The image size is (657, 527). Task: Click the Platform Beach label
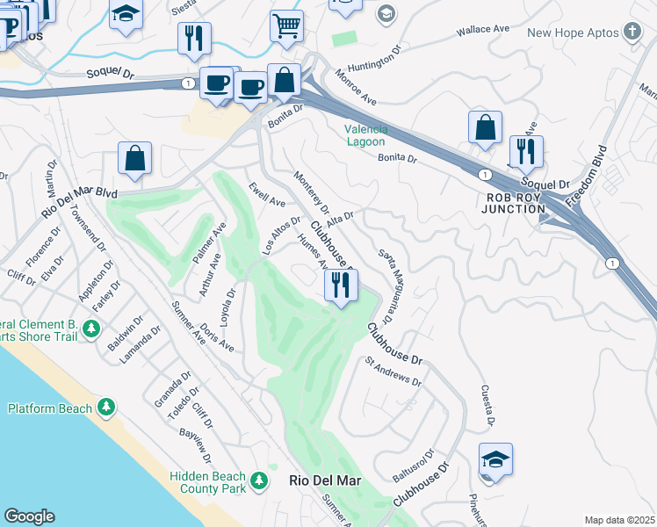tap(50, 408)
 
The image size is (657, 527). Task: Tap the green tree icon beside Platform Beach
tap(105, 408)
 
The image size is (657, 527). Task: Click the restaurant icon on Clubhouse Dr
tap(341, 285)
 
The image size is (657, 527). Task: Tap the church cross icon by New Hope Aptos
tap(632, 32)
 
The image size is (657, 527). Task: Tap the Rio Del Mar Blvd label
tap(79, 202)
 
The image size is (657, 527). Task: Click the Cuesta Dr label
tap(485, 406)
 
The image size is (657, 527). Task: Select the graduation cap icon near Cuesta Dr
tap(496, 458)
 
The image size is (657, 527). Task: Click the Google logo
tap(29, 516)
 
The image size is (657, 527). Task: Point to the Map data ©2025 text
tap(620, 520)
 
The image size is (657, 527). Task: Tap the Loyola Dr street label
tap(227, 307)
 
